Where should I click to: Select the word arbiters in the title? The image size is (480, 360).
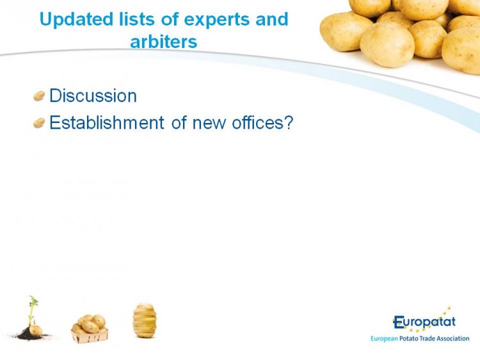click(x=163, y=42)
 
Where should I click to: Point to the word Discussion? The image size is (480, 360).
click(x=93, y=95)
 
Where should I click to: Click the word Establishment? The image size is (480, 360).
click(x=107, y=122)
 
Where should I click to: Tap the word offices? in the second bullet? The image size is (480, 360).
click(x=262, y=122)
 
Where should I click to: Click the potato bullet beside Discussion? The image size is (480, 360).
click(x=39, y=96)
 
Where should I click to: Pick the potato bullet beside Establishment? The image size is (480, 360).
click(x=39, y=123)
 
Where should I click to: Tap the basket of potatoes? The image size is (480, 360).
click(x=90, y=329)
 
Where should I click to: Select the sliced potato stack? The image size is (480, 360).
click(x=145, y=320)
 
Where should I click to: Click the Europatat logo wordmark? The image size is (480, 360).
click(x=424, y=322)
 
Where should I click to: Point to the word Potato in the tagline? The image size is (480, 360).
click(x=409, y=339)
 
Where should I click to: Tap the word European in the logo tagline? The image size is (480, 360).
click(x=384, y=339)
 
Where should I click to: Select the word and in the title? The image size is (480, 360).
click(x=272, y=19)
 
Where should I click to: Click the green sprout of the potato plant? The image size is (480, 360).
click(x=32, y=308)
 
